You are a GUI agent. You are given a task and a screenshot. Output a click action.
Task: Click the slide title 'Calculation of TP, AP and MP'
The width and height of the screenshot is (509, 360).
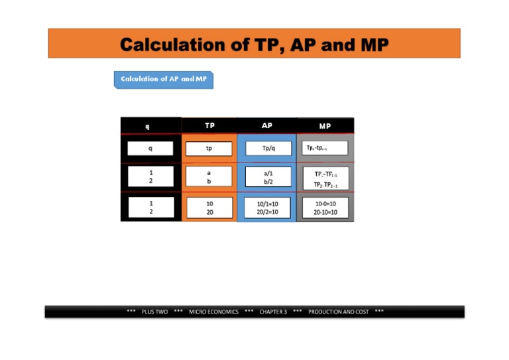254,44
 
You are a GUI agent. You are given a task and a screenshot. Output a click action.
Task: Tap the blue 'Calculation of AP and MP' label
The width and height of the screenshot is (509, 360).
164,79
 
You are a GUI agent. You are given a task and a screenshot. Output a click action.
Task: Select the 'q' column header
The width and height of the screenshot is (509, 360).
150,126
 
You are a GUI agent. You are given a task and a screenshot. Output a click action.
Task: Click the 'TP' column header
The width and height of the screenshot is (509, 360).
209,125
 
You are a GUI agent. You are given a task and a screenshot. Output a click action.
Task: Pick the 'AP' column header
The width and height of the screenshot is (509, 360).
266,125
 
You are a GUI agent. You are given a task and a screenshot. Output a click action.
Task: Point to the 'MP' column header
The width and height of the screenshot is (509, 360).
325,125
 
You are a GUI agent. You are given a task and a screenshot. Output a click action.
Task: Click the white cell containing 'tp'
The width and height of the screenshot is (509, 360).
209,149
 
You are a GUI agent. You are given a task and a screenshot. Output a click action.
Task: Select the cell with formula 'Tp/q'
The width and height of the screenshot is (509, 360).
267,149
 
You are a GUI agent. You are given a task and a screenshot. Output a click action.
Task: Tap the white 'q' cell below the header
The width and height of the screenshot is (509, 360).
150,149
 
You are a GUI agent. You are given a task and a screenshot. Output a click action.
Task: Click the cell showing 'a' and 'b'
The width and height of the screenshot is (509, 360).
209,177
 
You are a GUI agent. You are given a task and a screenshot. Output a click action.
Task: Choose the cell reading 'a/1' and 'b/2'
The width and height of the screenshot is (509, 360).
267,177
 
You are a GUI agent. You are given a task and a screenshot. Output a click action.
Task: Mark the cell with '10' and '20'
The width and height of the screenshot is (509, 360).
209,208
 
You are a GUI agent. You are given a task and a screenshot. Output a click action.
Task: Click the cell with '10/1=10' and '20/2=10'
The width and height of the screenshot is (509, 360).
267,208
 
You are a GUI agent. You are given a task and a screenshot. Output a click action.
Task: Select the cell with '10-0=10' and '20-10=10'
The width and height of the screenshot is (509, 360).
325,208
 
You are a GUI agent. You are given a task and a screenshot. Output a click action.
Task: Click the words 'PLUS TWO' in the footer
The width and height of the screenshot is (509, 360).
154,312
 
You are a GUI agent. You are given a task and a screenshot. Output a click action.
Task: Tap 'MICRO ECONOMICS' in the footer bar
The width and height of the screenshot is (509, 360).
213,312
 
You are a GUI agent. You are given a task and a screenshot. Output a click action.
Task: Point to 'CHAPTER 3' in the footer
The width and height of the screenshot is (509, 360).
273,312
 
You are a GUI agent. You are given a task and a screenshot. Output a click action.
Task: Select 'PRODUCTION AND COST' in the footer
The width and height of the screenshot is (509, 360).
338,312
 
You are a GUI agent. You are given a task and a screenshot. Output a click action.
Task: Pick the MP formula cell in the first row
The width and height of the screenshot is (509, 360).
325,147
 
